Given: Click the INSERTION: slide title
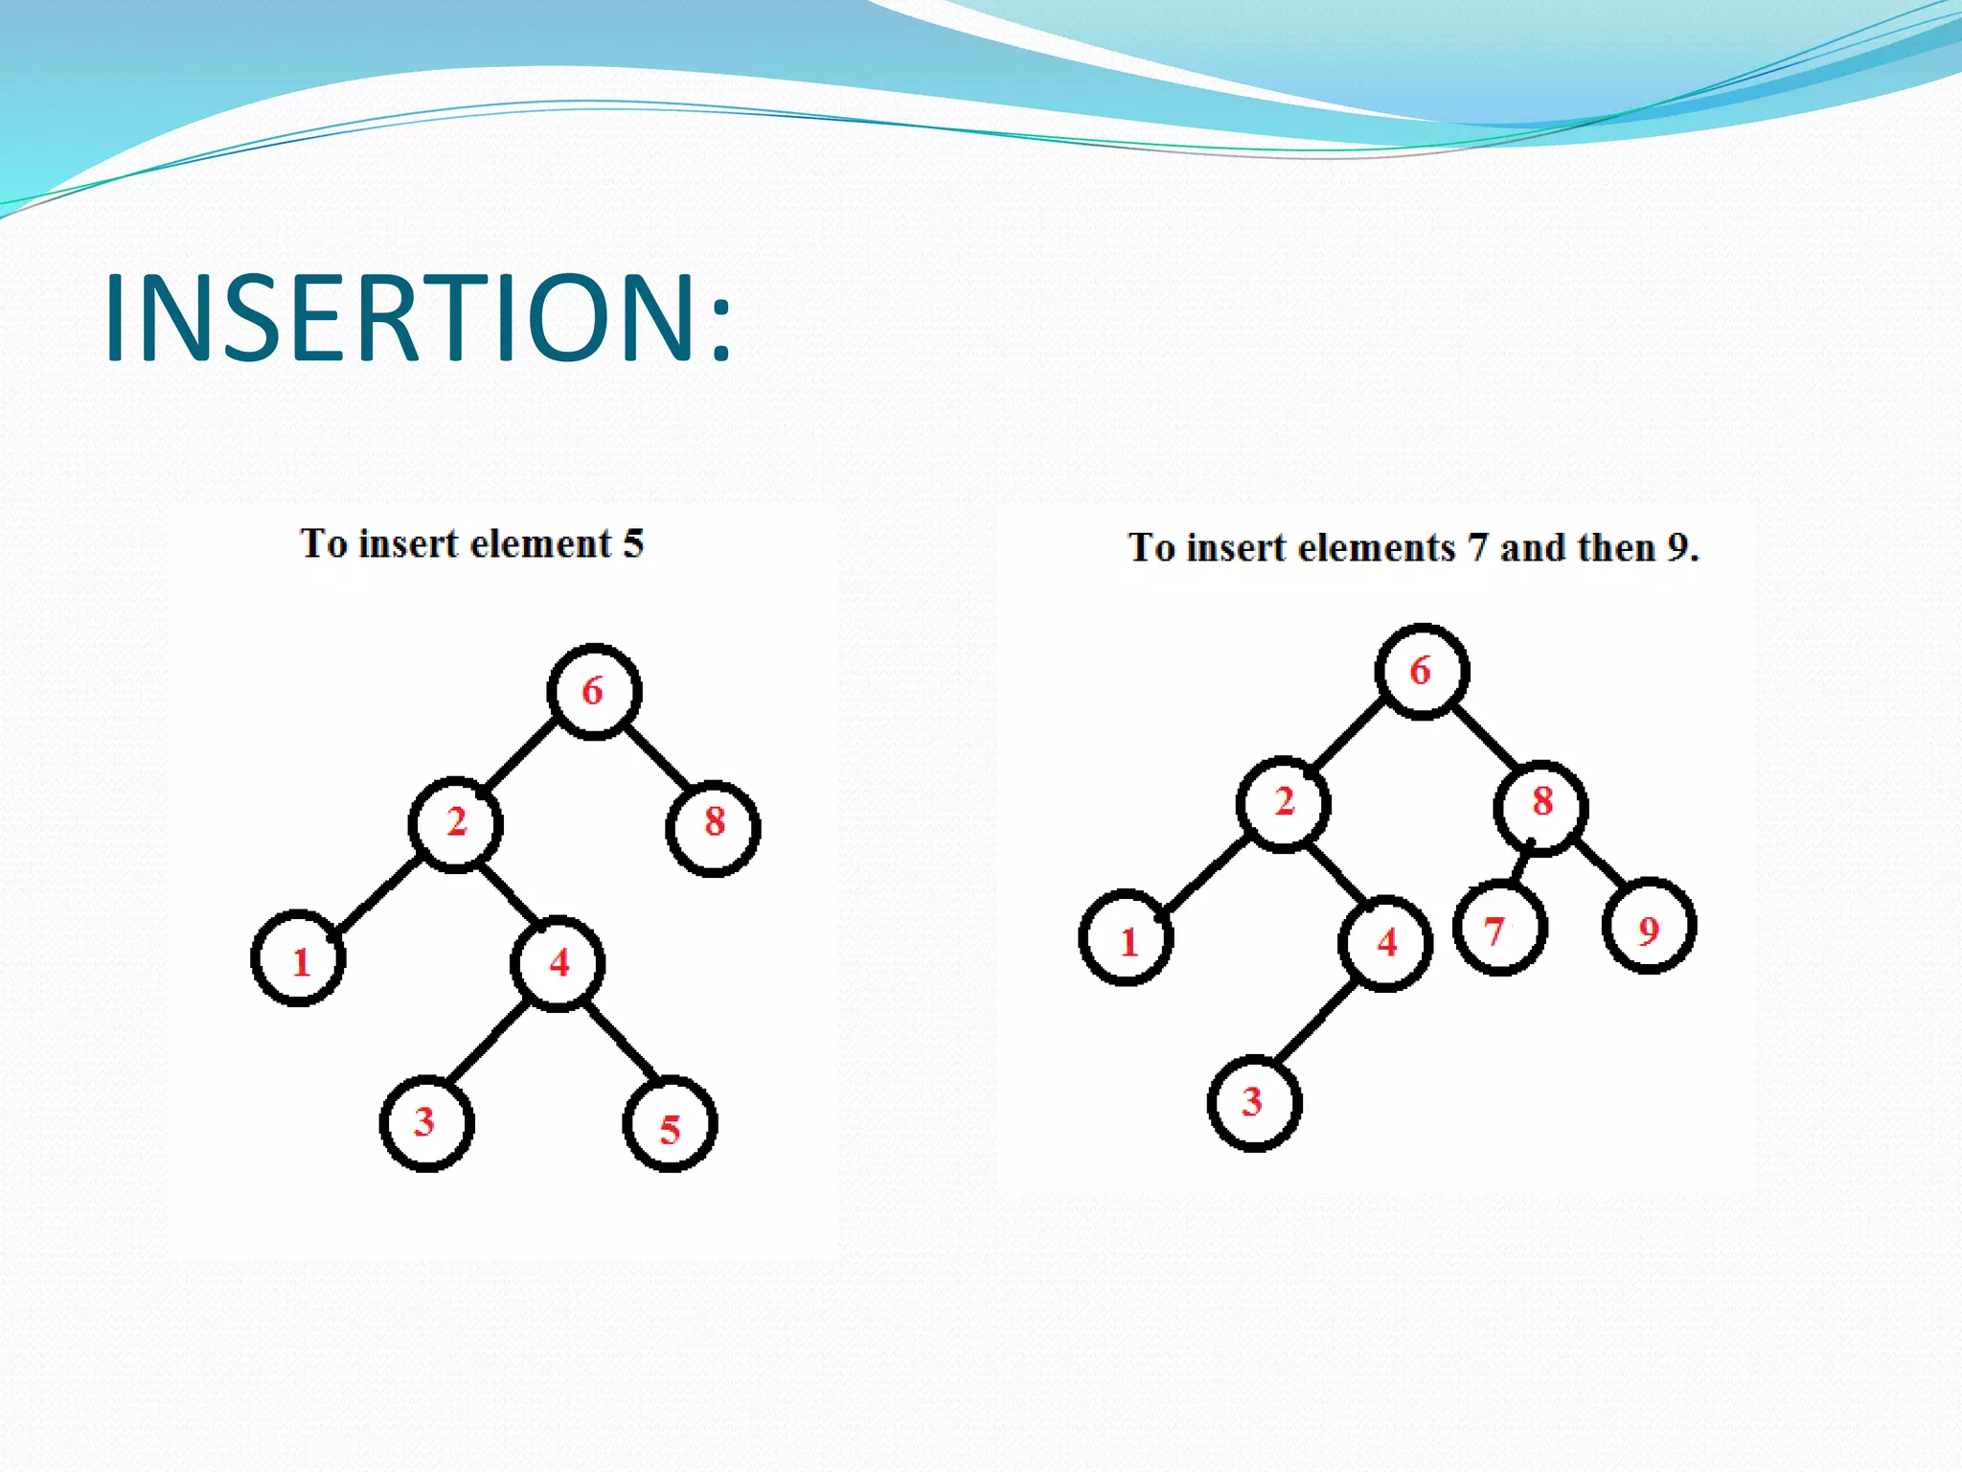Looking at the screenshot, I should point(418,318).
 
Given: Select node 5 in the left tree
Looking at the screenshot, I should point(670,1125).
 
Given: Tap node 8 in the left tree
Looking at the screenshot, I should point(714,826).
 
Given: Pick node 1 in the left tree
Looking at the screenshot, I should point(299,958).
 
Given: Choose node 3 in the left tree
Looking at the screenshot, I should point(426,1122).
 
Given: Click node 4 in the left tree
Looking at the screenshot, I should point(558,963).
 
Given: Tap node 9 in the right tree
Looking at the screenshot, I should point(1649,928).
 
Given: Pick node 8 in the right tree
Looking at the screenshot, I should point(1540,806).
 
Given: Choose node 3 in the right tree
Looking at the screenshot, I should point(1254,1103).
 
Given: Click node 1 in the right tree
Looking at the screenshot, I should point(1127,939).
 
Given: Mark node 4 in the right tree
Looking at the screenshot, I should point(1385,944).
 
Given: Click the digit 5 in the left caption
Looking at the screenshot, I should point(633,544).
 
